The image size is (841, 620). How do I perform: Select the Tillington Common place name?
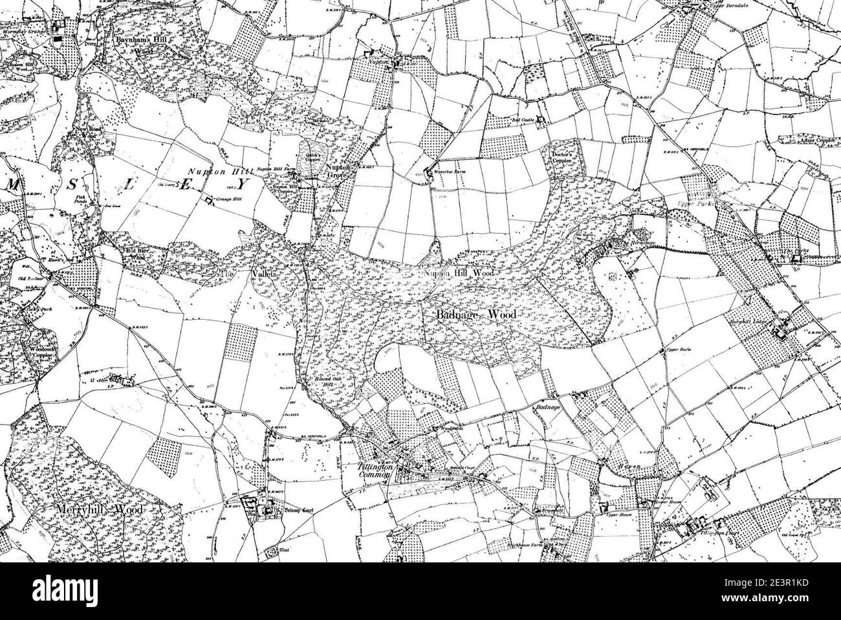(x=375, y=471)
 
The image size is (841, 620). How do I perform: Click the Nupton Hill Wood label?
(x=459, y=274)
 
